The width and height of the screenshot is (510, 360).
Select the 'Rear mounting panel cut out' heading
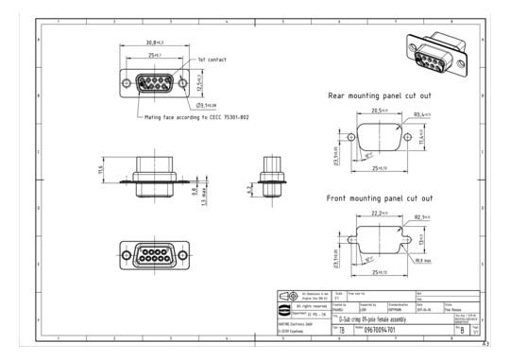pyautogui.click(x=380, y=95)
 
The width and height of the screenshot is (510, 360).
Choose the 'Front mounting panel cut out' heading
pyautogui.click(x=380, y=199)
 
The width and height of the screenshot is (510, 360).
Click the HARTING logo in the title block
pyautogui.click(x=286, y=308)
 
